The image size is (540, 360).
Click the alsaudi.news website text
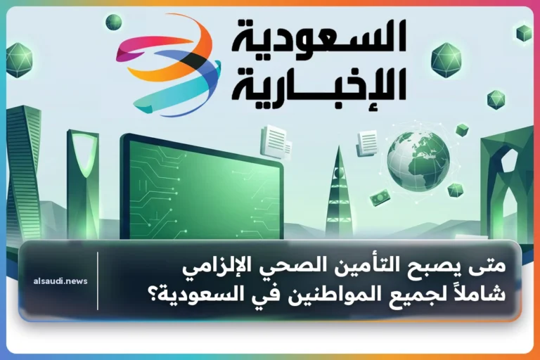60,281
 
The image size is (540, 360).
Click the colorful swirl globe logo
169,65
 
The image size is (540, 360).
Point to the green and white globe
418,162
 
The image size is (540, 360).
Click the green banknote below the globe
380,198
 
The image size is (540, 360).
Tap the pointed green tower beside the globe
338,193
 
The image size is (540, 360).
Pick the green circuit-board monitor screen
202,189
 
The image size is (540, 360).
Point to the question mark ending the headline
153,295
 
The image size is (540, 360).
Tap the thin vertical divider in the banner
98,281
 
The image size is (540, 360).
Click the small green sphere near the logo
114,22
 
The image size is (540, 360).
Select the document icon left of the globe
367,143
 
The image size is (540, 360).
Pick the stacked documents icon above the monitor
276,142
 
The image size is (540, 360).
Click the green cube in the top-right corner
524,33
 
